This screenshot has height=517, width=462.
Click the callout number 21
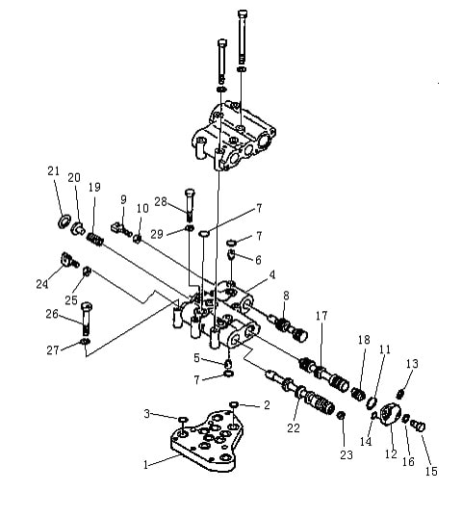click(53, 171)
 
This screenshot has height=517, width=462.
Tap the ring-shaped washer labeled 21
click(64, 220)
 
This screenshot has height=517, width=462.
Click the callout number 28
click(161, 201)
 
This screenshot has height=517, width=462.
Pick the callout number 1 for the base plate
click(145, 465)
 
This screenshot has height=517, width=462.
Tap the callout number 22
click(294, 428)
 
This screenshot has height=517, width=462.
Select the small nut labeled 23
click(342, 416)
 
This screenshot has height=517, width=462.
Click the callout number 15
click(431, 471)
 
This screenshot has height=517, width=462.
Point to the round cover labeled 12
click(391, 415)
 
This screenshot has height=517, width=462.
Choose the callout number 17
click(321, 316)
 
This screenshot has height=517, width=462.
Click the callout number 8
click(286, 296)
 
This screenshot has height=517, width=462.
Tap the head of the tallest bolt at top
click(243, 14)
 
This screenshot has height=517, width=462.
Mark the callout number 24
click(41, 284)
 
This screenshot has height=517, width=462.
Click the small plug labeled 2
click(234, 404)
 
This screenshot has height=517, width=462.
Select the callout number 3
click(147, 413)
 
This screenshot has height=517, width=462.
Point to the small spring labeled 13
click(400, 394)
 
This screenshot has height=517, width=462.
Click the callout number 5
click(196, 358)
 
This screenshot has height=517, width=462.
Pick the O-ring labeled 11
click(372, 403)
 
